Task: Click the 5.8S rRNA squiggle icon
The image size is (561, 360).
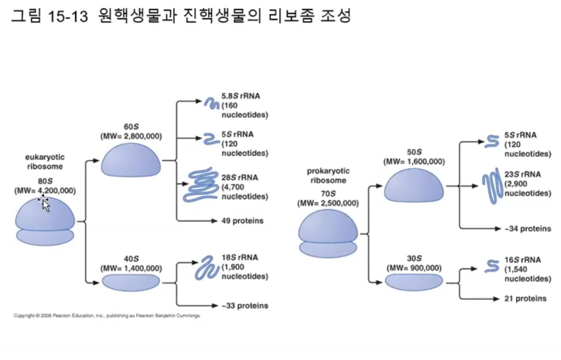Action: [212, 103]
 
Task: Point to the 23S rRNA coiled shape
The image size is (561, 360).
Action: [491, 185]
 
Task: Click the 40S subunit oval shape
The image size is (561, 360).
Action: [131, 282]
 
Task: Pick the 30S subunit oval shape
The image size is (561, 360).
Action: [414, 282]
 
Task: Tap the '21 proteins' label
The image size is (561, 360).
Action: [525, 299]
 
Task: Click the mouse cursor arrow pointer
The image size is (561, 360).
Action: [45, 203]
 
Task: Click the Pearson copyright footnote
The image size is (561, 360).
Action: [108, 316]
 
